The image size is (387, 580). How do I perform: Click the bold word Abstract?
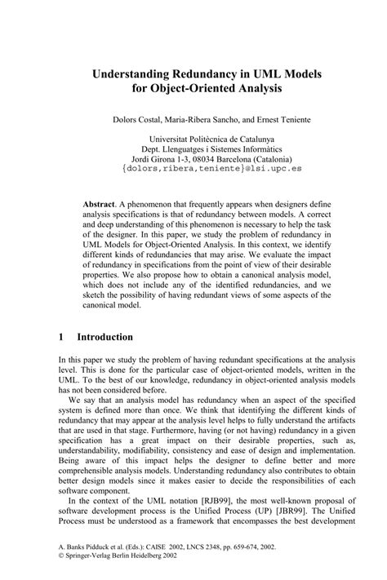pyautogui.click(x=100, y=202)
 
